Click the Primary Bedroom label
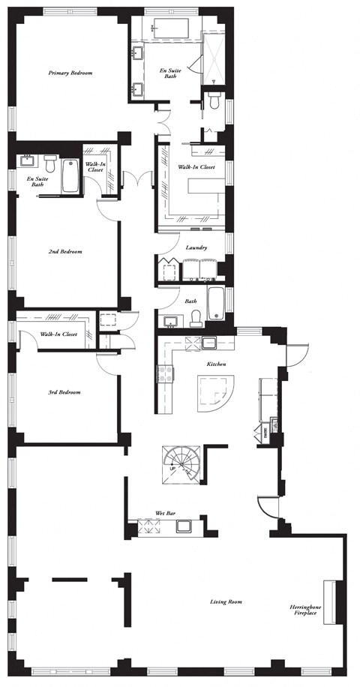point(70,73)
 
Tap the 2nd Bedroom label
point(66,251)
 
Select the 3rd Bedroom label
point(64,392)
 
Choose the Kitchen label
point(217,364)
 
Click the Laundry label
point(196,247)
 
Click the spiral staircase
point(178,465)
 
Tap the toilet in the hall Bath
point(193,316)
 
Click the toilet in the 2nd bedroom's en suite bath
point(50,163)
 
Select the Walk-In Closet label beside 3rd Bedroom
point(58,334)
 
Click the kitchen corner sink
point(209,343)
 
